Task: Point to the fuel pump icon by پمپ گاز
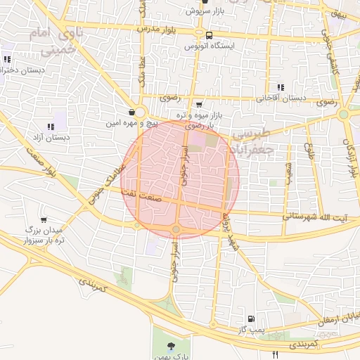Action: tap(252, 319)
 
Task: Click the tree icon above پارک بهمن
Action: tap(171, 345)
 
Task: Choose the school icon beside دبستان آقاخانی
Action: tap(281, 86)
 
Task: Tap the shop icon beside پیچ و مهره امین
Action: tap(132, 112)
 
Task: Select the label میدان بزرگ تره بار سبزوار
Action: tap(44, 235)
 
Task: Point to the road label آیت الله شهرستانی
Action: tap(314, 217)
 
